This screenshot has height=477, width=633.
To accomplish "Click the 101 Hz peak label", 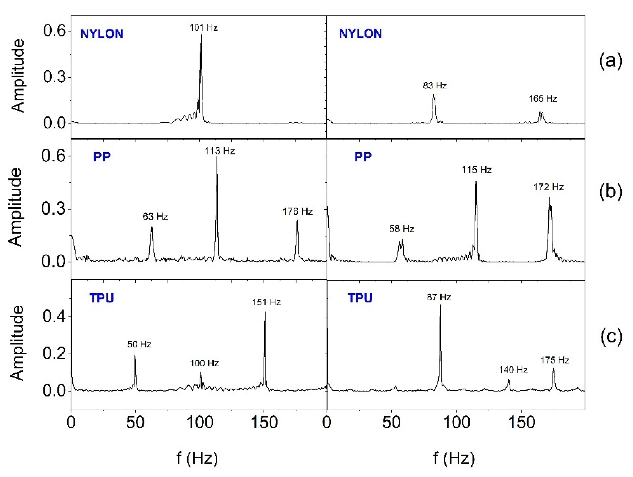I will (x=203, y=28).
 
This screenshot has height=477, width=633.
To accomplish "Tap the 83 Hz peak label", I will (x=435, y=85).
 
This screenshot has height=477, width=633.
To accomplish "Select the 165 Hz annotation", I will (x=543, y=99).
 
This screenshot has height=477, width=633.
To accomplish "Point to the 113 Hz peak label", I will (x=219, y=151).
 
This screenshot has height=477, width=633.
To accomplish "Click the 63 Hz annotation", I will (x=155, y=216).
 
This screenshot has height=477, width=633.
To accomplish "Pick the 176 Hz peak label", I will (x=297, y=211).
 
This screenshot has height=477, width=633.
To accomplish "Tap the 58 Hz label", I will (x=401, y=229).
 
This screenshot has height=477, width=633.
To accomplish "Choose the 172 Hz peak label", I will (x=548, y=187).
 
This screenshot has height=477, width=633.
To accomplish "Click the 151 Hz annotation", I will (x=267, y=302).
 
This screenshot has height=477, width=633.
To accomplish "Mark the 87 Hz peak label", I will (x=439, y=297).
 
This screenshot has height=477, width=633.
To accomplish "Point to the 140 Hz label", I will (x=513, y=370).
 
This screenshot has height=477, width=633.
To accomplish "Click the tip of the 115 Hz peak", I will (x=476, y=182).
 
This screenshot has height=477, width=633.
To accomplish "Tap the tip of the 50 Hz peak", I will (x=135, y=356).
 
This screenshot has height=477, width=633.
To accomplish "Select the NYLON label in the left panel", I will (x=102, y=34).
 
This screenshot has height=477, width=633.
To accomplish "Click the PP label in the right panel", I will (x=363, y=157).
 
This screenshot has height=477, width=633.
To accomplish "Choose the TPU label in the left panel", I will (x=102, y=298).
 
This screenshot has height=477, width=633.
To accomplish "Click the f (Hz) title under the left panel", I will (x=197, y=458).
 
